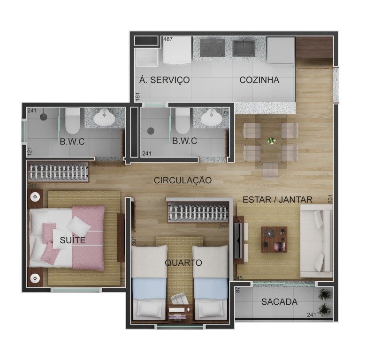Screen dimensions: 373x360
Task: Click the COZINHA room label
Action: click(x=259, y=80)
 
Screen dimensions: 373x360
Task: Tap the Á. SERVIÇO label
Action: click(x=164, y=80)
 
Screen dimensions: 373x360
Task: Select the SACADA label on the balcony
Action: click(x=279, y=302)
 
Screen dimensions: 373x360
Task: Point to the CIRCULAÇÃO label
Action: click(x=183, y=180)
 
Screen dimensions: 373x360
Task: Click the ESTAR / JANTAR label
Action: click(x=277, y=200)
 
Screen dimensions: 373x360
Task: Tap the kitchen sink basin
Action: click(x=244, y=48)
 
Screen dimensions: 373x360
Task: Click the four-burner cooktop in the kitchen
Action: click(x=213, y=48)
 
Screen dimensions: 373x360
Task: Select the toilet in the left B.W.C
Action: click(x=72, y=121)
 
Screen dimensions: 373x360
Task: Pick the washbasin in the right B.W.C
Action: click(x=212, y=117)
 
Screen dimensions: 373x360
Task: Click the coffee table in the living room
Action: click(x=274, y=240)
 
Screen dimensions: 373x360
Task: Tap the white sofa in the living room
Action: click(x=316, y=241)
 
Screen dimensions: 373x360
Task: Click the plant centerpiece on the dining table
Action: click(x=271, y=141)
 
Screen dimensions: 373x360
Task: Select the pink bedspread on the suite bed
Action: click(x=88, y=238)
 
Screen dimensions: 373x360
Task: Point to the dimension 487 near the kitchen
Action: click(x=168, y=39)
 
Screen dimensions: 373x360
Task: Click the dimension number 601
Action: click(x=330, y=199)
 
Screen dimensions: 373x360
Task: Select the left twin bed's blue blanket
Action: click(x=149, y=289)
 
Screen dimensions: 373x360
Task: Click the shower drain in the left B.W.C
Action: click(x=44, y=117)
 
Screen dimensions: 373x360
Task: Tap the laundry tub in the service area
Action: click(x=146, y=58)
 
